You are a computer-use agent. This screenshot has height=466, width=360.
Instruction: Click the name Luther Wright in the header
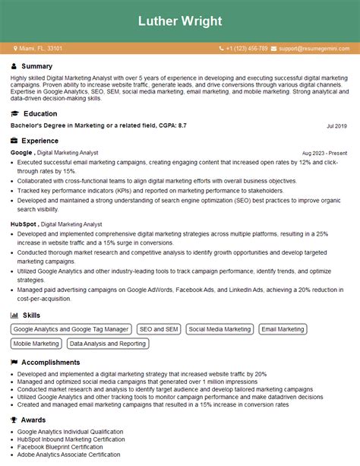pyautogui.click(x=180, y=21)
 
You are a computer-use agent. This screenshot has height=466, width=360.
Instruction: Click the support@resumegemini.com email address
pyautogui.click(x=314, y=49)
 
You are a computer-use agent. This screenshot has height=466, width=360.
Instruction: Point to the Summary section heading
pyautogui.click(x=37, y=67)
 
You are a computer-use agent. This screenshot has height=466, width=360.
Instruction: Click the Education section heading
pyautogui.click(x=39, y=113)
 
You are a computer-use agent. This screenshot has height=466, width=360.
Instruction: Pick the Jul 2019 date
pyautogui.click(x=336, y=125)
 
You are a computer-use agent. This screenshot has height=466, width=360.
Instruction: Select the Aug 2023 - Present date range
pyautogui.click(x=324, y=153)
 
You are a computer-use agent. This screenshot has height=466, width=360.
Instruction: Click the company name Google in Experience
pyautogui.click(x=21, y=152)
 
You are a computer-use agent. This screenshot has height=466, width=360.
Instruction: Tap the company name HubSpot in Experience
pyautogui.click(x=24, y=224)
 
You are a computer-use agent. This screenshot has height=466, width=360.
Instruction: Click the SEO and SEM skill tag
pyautogui.click(x=158, y=329)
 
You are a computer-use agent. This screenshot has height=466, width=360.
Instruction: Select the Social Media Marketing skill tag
pyautogui.click(x=219, y=329)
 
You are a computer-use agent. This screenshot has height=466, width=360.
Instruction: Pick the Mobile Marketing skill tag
pyautogui.click(x=36, y=344)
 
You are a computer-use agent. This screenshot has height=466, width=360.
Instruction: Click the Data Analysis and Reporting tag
pyautogui.click(x=107, y=344)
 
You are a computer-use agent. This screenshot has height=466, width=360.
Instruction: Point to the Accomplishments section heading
pyautogui.click(x=51, y=363)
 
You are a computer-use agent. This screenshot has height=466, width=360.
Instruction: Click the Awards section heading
pyautogui.click(x=34, y=419)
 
